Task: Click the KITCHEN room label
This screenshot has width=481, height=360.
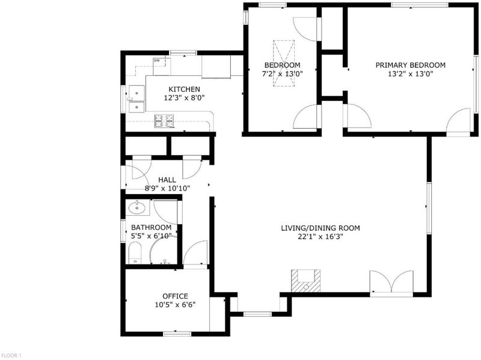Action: click(x=184, y=89)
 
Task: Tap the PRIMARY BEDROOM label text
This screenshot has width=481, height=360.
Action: click(x=411, y=65)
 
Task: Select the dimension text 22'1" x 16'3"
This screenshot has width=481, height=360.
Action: click(x=320, y=237)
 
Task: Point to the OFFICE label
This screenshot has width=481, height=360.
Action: click(x=175, y=296)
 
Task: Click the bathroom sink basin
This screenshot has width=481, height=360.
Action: click(x=137, y=207)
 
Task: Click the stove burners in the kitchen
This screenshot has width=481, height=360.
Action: click(x=164, y=121)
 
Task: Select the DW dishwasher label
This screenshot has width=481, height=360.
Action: click(x=157, y=61)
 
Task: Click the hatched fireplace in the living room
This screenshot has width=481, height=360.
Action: click(x=305, y=281)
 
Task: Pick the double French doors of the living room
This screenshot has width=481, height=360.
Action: click(x=391, y=282)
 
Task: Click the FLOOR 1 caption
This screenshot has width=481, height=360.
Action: click(x=11, y=356)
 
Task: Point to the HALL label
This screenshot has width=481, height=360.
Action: click(x=167, y=180)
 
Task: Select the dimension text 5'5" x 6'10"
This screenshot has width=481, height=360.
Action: click(x=151, y=236)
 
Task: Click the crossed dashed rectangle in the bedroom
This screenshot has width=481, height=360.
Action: click(x=284, y=64)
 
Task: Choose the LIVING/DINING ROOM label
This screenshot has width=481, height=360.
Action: click(x=320, y=228)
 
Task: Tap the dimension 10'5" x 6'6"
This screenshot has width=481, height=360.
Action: click(x=175, y=305)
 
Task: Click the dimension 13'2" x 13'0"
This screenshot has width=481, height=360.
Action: click(x=411, y=73)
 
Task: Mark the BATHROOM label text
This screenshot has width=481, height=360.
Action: click(x=152, y=228)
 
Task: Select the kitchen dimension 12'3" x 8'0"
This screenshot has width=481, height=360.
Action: click(x=184, y=98)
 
